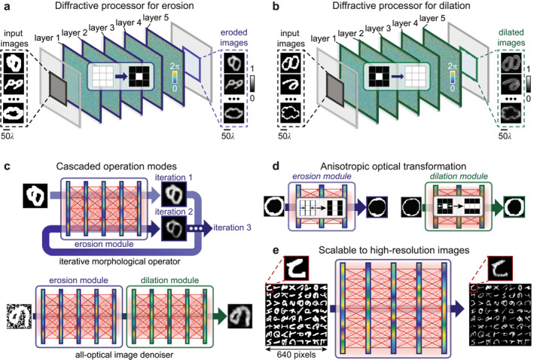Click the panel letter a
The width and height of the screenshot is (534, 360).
pos(7,6)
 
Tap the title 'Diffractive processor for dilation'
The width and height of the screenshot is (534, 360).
pos(401,6)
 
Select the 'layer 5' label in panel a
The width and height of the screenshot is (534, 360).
pos(156,17)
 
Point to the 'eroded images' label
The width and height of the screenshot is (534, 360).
pos(233,38)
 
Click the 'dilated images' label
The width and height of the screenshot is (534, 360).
pos(511,38)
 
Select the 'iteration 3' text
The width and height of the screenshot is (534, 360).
pos(232,227)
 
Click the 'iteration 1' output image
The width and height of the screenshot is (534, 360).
pos(174,194)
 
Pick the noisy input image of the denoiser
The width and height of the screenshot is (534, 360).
pos(19,316)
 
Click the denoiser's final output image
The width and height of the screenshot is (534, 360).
pos(240,316)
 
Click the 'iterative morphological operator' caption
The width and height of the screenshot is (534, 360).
pos(120,261)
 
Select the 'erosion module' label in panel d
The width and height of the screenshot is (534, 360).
pos(322,176)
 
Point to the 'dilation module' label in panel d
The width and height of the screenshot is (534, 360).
pos(459,176)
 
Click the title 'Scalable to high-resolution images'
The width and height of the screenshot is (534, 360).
pos(394,250)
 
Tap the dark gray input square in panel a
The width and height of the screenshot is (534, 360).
pos(59,88)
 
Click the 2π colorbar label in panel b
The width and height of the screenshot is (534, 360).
pos(452,66)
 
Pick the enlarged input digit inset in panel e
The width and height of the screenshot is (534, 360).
pos(295,267)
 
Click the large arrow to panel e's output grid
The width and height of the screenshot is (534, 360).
pos(456,309)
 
